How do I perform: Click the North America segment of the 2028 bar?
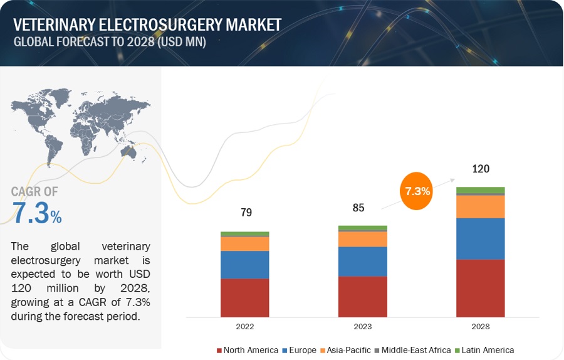480,288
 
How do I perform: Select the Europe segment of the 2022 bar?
244,265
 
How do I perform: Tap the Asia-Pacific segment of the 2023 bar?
362,239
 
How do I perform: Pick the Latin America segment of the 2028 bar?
480,190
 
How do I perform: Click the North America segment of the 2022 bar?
244,297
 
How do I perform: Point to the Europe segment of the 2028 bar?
480,238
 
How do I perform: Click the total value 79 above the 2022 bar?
246,213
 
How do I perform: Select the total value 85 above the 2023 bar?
358,207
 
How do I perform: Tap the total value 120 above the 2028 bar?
481,169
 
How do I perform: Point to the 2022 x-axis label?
244,327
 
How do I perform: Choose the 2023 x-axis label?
362,327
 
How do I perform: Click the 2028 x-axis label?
480,327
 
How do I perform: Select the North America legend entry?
247,350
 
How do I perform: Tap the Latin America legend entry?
484,350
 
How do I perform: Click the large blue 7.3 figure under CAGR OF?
31,213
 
